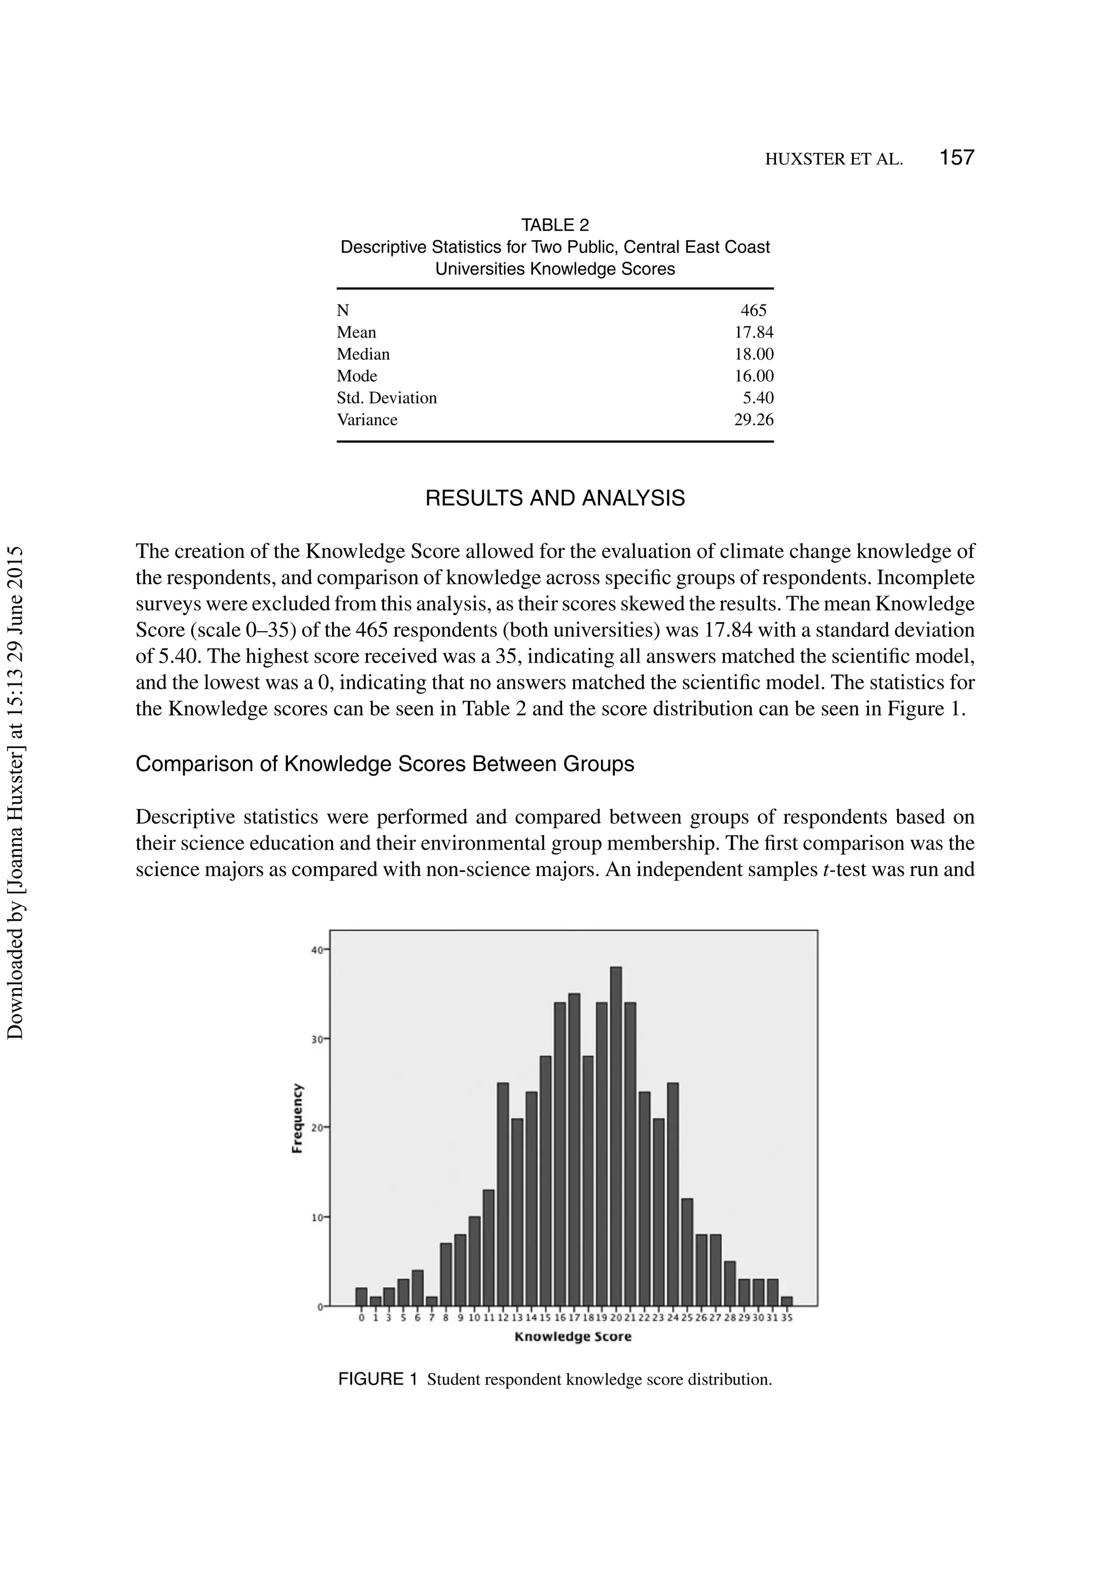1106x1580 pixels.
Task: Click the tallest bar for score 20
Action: pos(615,1136)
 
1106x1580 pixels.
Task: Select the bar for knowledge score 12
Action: pos(502,1194)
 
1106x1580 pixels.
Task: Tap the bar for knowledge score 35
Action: pos(787,1301)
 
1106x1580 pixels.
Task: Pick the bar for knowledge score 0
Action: pos(361,1297)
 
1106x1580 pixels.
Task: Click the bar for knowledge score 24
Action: pos(672,1194)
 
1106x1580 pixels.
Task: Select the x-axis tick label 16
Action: pos(559,1318)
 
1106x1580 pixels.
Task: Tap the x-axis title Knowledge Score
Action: pos(572,1336)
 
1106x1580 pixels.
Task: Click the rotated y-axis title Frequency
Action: pos(298,1118)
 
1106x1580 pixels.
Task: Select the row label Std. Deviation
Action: pos(386,398)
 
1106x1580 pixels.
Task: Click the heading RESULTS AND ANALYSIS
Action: pos(555,498)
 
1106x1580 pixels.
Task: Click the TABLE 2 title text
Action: pos(555,225)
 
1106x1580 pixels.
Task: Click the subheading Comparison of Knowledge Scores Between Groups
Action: pos(385,764)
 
